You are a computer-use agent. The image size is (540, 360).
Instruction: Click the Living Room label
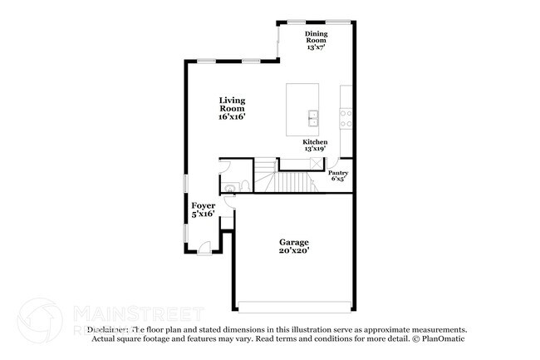tap(232, 104)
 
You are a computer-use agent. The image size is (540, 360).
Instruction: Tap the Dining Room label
tap(315, 36)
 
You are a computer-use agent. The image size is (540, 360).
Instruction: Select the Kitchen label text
tap(315, 141)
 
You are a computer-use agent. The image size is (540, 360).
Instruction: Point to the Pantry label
tap(338, 172)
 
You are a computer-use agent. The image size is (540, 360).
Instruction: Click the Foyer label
tap(204, 205)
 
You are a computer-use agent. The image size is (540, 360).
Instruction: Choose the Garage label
tap(294, 240)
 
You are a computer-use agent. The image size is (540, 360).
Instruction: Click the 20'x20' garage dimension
tap(294, 249)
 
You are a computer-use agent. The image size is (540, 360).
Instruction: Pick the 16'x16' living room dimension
tap(232, 117)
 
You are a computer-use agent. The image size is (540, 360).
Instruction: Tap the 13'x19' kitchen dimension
tap(315, 149)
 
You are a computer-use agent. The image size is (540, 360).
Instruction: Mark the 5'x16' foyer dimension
tap(204, 215)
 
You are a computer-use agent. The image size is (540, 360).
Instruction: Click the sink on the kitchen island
tap(314, 116)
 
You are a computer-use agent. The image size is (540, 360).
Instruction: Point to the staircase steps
tap(291, 180)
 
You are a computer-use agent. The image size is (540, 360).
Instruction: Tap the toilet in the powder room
tap(244, 185)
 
